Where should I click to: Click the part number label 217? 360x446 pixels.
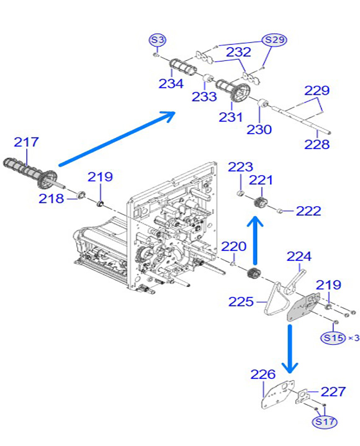tap(26, 142)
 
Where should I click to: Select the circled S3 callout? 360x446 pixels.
tap(158, 40)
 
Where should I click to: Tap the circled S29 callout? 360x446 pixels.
tap(274, 40)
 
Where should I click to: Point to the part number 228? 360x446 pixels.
tap(317, 144)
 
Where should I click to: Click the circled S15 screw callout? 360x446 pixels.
tap(333, 338)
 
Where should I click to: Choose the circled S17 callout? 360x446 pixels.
tap(325, 421)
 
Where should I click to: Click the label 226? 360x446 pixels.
tap(263, 375)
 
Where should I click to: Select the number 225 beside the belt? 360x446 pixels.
tap(241, 301)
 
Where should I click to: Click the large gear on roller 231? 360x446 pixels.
tap(241, 92)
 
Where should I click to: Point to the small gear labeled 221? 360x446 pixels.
tap(260, 203)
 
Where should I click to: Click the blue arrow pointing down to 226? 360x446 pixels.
tap(289, 349)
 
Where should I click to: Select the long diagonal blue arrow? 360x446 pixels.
tap(117, 139)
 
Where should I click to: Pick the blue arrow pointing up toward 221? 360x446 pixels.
tap(255, 240)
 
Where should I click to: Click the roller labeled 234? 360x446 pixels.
tap(181, 67)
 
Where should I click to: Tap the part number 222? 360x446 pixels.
tap(308, 211)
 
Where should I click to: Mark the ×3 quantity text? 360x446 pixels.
tap(354, 338)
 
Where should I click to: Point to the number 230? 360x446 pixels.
tap(259, 130)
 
